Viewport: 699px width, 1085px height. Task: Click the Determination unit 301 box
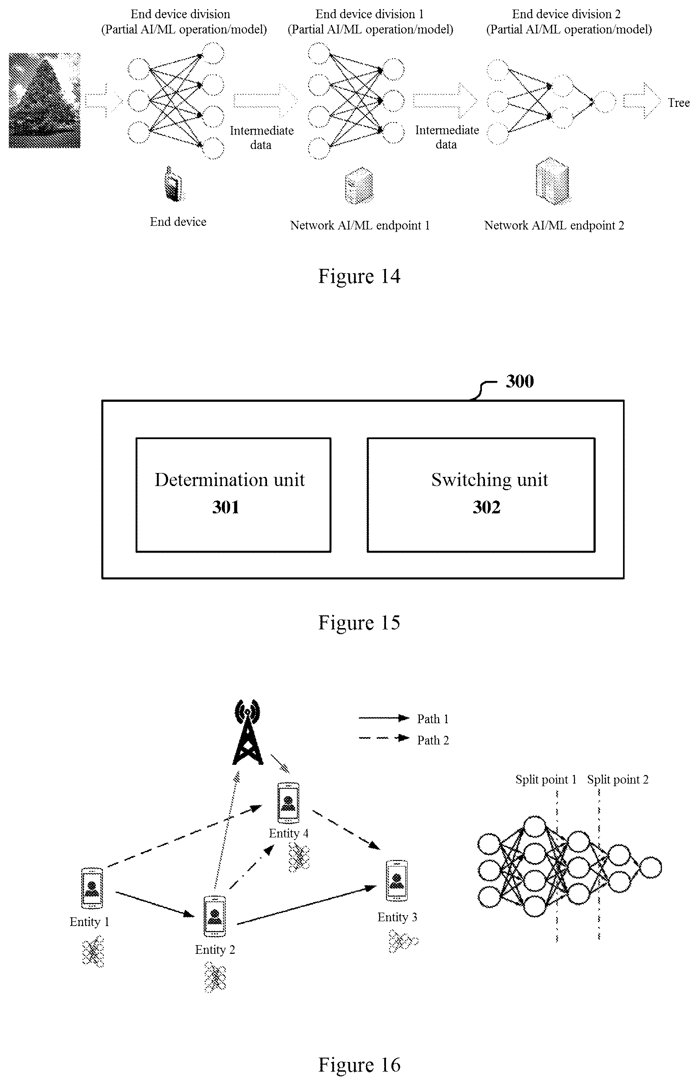click(233, 495)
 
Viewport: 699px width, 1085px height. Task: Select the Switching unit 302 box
click(481, 495)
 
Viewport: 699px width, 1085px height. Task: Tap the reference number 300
click(520, 381)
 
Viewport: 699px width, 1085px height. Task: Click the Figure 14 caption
click(359, 276)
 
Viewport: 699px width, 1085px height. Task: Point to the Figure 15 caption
click(359, 622)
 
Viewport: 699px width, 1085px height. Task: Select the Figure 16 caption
click(359, 1065)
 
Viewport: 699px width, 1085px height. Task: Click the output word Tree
click(679, 103)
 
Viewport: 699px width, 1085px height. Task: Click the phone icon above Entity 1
click(92, 888)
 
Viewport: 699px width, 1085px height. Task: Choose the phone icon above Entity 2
click(214, 916)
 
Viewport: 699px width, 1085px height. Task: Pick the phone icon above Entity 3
click(397, 880)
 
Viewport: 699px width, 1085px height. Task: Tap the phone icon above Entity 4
click(288, 803)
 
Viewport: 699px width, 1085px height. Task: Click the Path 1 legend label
click(433, 719)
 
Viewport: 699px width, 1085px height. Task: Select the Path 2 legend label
click(433, 740)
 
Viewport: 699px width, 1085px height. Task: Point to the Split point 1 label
click(546, 779)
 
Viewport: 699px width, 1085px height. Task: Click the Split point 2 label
click(618, 779)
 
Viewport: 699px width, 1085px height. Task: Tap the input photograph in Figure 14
click(44, 100)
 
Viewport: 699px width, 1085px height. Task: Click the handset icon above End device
click(174, 183)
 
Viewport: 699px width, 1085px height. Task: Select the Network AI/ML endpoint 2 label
click(554, 225)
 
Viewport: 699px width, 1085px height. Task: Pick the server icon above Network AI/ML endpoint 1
click(359, 185)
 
